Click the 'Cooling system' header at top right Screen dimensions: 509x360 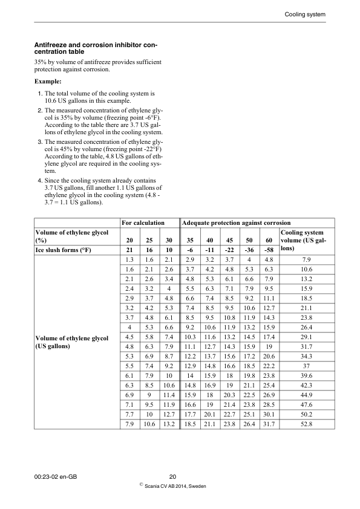point(305,14)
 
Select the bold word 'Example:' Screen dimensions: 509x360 point(48,80)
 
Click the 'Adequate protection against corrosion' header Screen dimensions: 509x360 point(237,223)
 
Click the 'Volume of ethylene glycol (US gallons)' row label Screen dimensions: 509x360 point(73,342)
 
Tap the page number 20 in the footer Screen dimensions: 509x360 point(172,478)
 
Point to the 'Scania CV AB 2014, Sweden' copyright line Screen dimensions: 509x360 point(175,487)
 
